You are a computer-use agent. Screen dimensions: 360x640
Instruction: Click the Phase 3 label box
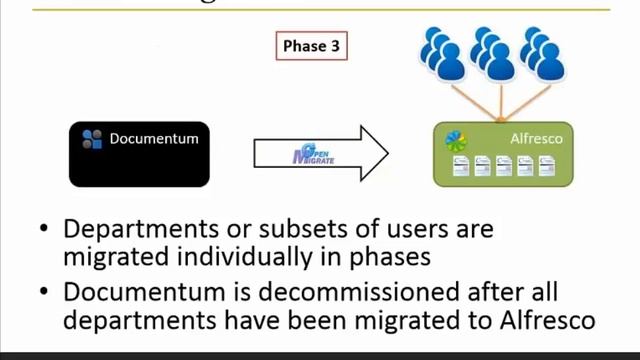tap(310, 46)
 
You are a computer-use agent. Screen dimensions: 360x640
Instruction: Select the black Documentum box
tap(139, 154)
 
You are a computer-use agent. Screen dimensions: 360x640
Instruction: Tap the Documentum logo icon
tap(92, 139)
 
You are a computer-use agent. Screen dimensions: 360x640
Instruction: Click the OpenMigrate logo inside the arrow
tap(313, 153)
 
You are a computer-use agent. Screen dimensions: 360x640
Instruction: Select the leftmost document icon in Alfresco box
tap(457, 166)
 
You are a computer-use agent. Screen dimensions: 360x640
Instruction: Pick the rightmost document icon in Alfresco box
tap(546, 166)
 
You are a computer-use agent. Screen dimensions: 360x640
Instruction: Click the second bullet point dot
tap(43, 294)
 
